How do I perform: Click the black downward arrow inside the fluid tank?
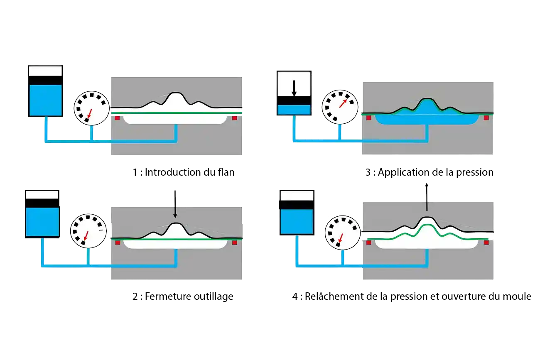(x=294, y=88)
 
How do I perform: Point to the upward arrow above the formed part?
(x=427, y=198)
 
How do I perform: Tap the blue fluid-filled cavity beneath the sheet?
(x=426, y=118)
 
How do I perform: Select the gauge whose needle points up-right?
(x=340, y=106)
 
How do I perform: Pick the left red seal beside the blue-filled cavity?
(x=368, y=118)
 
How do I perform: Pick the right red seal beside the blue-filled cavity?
(x=486, y=118)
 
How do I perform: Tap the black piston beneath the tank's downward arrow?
(x=294, y=100)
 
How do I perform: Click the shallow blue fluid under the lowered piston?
(x=294, y=110)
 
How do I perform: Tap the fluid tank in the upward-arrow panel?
(x=296, y=212)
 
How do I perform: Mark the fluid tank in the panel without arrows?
(x=45, y=91)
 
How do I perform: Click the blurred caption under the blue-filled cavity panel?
(x=430, y=171)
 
